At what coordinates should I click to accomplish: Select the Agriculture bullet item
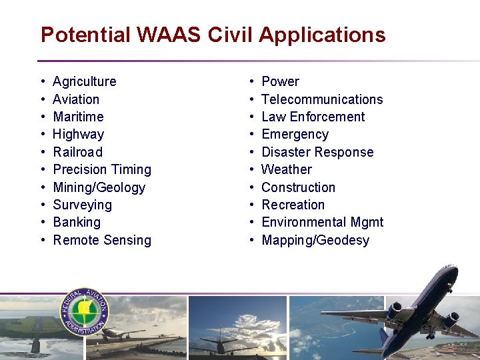(84, 81)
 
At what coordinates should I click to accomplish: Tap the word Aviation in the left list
(76, 99)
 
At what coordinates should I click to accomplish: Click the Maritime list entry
(78, 117)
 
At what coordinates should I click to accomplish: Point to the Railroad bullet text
(77, 152)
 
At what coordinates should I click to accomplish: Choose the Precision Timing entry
(102, 169)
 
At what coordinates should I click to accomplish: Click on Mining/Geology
(99, 187)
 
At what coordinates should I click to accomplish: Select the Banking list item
(77, 222)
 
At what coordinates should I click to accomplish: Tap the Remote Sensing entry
(102, 240)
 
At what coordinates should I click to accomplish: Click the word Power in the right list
(280, 81)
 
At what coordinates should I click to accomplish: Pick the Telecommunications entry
(322, 99)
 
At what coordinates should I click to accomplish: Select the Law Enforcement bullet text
(313, 117)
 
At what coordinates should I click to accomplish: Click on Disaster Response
(317, 152)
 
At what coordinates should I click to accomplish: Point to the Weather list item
(286, 169)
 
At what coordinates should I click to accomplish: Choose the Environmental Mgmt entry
(322, 222)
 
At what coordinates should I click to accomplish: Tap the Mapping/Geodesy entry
(315, 240)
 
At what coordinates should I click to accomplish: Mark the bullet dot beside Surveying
(43, 205)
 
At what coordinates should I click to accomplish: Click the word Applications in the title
(322, 35)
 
